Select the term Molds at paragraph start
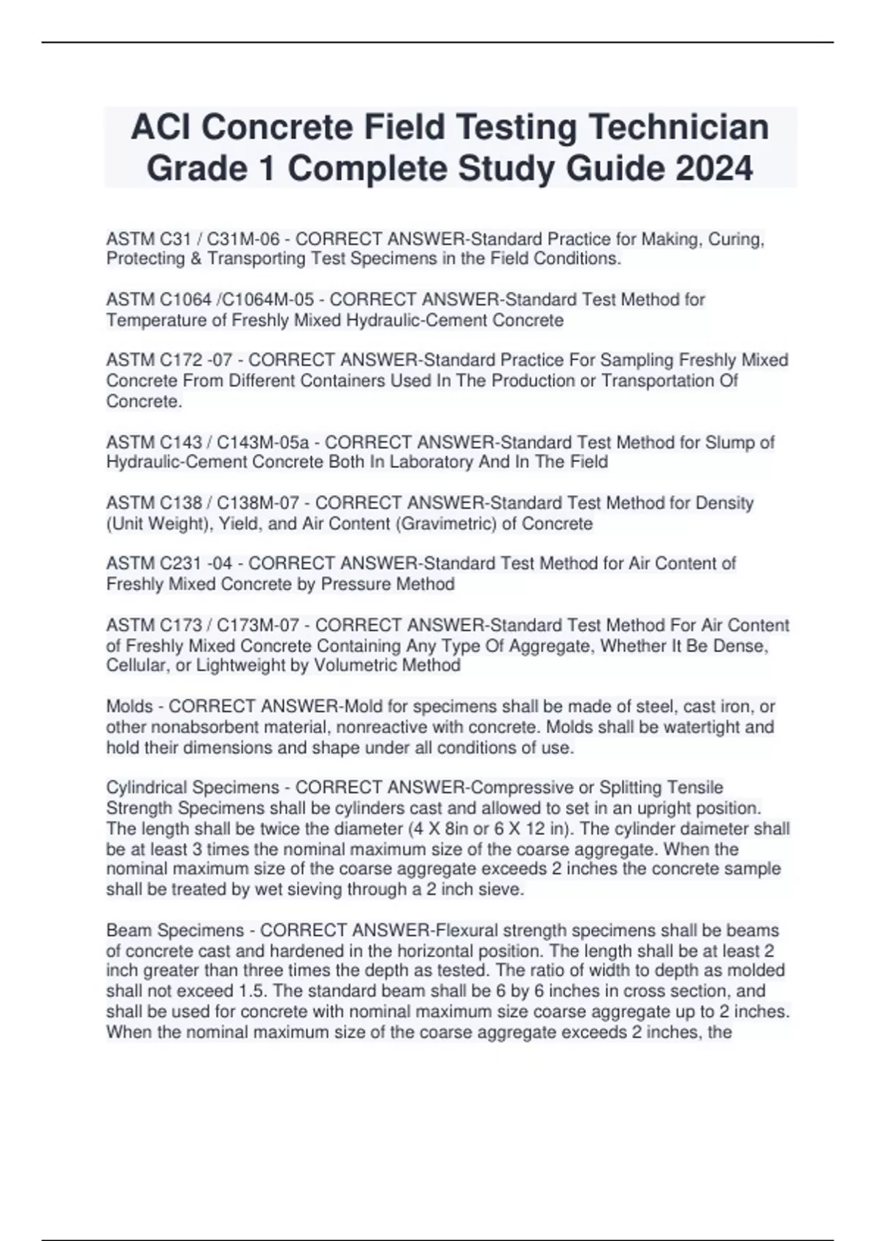click(129, 707)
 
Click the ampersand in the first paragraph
click(194, 258)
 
